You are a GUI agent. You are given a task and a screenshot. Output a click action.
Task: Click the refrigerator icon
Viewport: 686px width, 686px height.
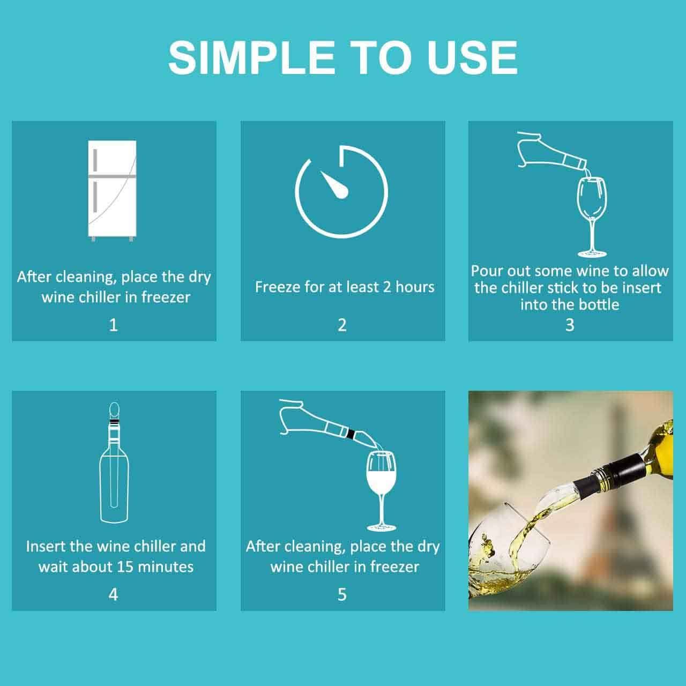pos(113,190)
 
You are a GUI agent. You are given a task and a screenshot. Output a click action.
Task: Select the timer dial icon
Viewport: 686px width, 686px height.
pos(342,191)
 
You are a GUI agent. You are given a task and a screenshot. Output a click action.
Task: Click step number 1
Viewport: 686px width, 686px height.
pos(113,325)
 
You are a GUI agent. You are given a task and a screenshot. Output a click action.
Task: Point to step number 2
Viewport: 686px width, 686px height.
pos(342,325)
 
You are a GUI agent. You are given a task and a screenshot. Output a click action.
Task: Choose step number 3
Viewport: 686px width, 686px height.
pos(570,325)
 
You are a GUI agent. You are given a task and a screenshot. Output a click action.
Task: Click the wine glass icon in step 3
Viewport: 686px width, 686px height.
pos(592,214)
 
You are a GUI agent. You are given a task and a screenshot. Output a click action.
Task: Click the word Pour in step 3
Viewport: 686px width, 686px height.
pos(487,271)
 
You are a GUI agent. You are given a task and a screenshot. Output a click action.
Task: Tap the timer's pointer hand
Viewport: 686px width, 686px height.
pos(335,185)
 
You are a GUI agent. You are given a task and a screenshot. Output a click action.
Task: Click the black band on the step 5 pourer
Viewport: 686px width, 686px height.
pos(351,433)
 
